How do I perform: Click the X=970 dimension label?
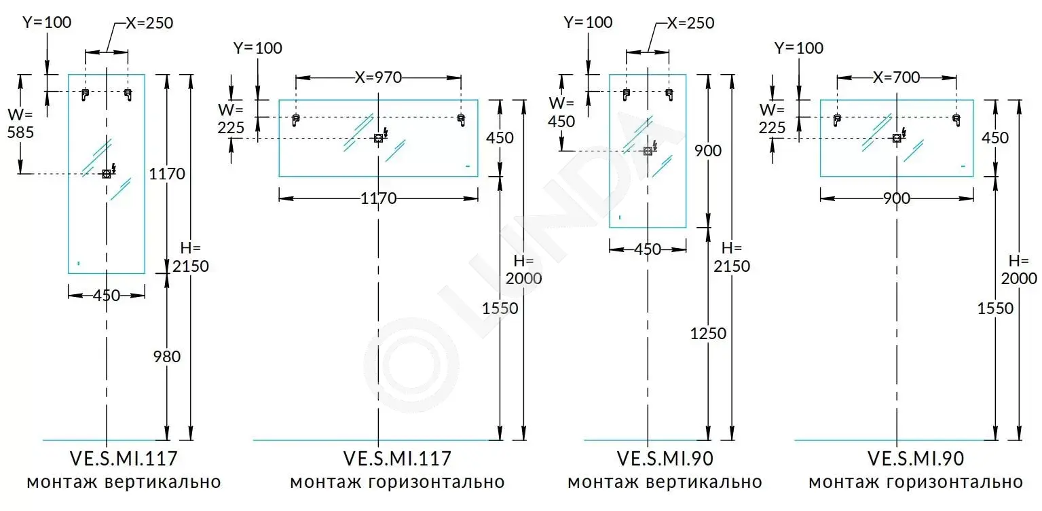pos(378,77)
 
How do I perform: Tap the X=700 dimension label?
pos(897,77)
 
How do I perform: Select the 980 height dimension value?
pos(166,356)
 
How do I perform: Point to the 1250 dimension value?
pos(708,334)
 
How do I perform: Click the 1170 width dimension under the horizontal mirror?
pos(378,199)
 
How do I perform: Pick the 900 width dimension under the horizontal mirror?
pos(897,199)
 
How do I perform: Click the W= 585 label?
pos(20,124)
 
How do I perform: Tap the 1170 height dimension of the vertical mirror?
pos(167,174)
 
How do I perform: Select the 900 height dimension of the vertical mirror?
pos(708,150)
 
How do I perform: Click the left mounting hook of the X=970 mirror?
pos(295,120)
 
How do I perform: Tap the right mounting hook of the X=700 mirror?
pos(956,120)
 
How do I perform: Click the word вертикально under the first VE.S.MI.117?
pos(163,482)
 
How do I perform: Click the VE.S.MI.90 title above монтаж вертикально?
pos(665,459)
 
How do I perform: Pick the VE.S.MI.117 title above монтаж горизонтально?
pos(397,459)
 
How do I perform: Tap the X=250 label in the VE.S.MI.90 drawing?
pos(691,23)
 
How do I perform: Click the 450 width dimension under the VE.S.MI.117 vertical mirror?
pos(107,296)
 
